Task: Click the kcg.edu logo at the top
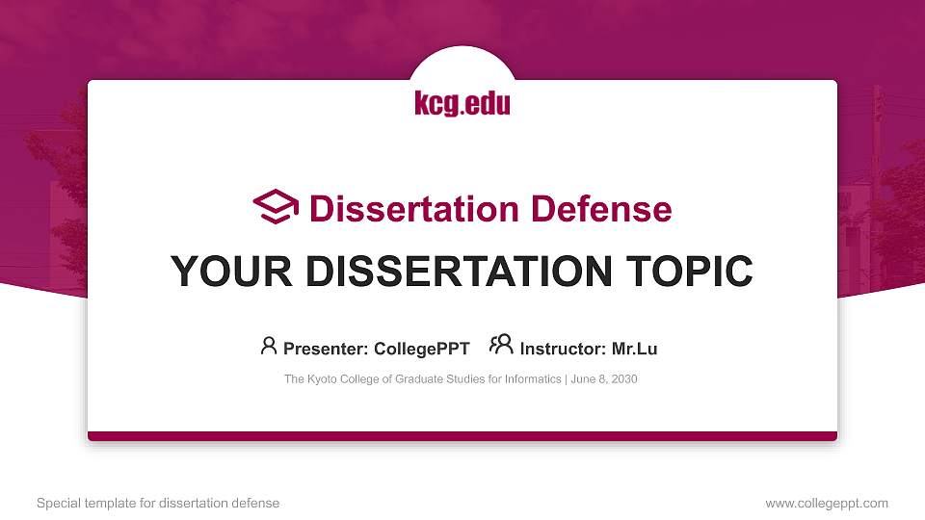462,103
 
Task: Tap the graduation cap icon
276,208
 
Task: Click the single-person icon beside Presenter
269,346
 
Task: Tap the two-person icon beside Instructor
501,346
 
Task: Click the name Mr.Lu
634,349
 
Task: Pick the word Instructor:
563,349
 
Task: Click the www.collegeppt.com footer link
827,503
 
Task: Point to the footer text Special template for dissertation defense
158,503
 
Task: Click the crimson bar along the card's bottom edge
462,436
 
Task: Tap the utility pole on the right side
876,173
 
